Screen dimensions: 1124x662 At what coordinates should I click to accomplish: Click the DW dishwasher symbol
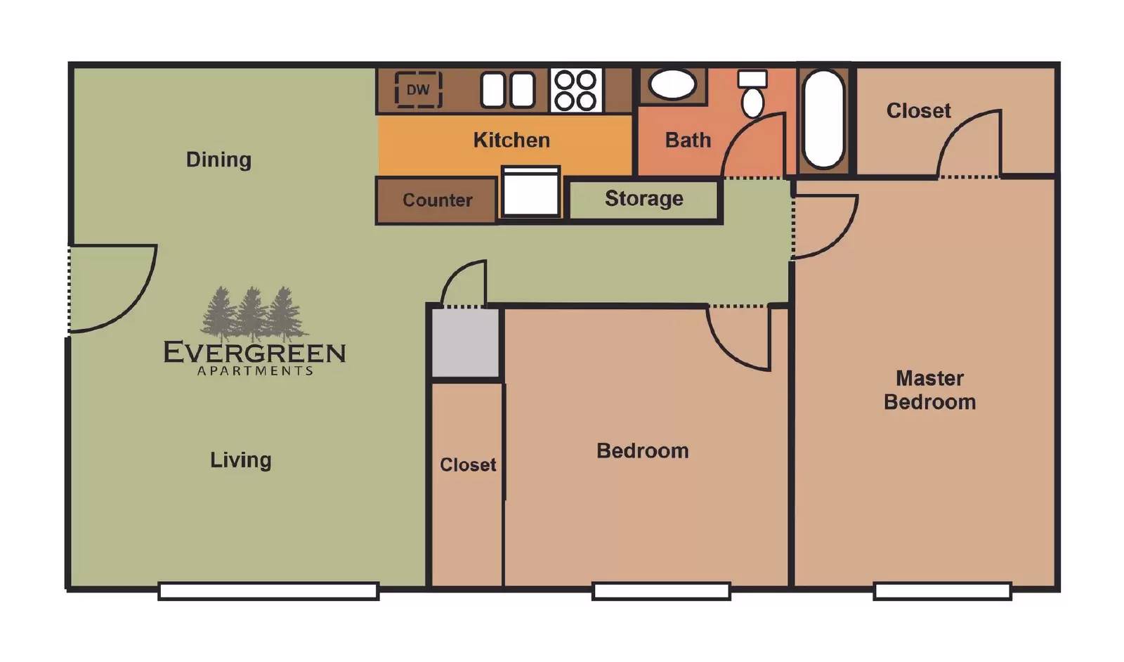418,90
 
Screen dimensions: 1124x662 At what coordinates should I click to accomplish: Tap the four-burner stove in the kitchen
576,90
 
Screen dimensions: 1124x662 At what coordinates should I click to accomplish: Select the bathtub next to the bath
823,119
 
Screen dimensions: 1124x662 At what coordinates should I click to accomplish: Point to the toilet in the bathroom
752,93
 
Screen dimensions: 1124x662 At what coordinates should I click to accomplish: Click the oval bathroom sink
672,84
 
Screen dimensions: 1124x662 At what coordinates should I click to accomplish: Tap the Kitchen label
511,140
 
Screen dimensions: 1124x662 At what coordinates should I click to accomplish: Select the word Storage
643,199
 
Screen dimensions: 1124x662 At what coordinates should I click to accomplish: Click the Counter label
437,200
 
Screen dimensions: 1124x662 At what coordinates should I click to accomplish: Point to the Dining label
218,160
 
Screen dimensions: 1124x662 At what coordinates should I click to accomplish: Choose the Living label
240,460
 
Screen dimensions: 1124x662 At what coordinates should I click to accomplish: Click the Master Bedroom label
929,390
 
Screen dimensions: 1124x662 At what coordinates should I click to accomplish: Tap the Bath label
688,140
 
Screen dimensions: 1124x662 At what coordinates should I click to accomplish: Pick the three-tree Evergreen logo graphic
254,314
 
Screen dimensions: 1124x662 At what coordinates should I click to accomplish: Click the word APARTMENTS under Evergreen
255,371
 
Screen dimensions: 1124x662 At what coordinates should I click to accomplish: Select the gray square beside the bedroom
465,343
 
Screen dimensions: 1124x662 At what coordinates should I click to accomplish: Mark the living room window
268,591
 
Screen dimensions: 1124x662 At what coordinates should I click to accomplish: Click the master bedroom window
942,591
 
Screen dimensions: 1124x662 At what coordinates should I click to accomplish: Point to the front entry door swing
113,289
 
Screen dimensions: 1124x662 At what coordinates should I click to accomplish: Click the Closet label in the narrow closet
468,465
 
